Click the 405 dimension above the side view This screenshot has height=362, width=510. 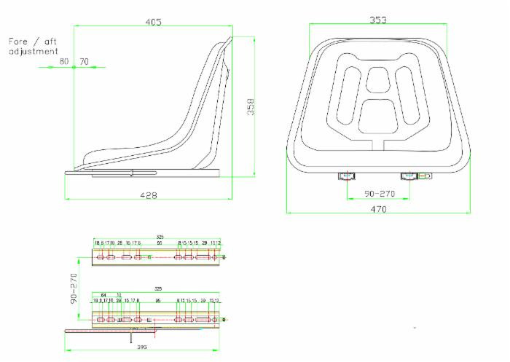pyautogui.click(x=153, y=23)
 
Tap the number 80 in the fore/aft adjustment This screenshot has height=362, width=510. pyautogui.click(x=64, y=62)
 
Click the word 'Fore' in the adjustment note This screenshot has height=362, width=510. pyautogui.click(x=20, y=42)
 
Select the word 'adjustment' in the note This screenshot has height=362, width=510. pyautogui.click(x=33, y=52)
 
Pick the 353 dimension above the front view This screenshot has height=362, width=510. pyautogui.click(x=378, y=20)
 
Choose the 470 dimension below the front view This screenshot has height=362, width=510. pyautogui.click(x=377, y=209)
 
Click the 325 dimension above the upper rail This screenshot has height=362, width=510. pyautogui.click(x=160, y=237)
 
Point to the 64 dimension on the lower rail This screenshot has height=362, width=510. pyautogui.click(x=103, y=295)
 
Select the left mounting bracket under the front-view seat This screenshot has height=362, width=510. pyautogui.click(x=345, y=176)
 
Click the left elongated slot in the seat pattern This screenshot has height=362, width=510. pyautogui.click(x=348, y=93)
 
